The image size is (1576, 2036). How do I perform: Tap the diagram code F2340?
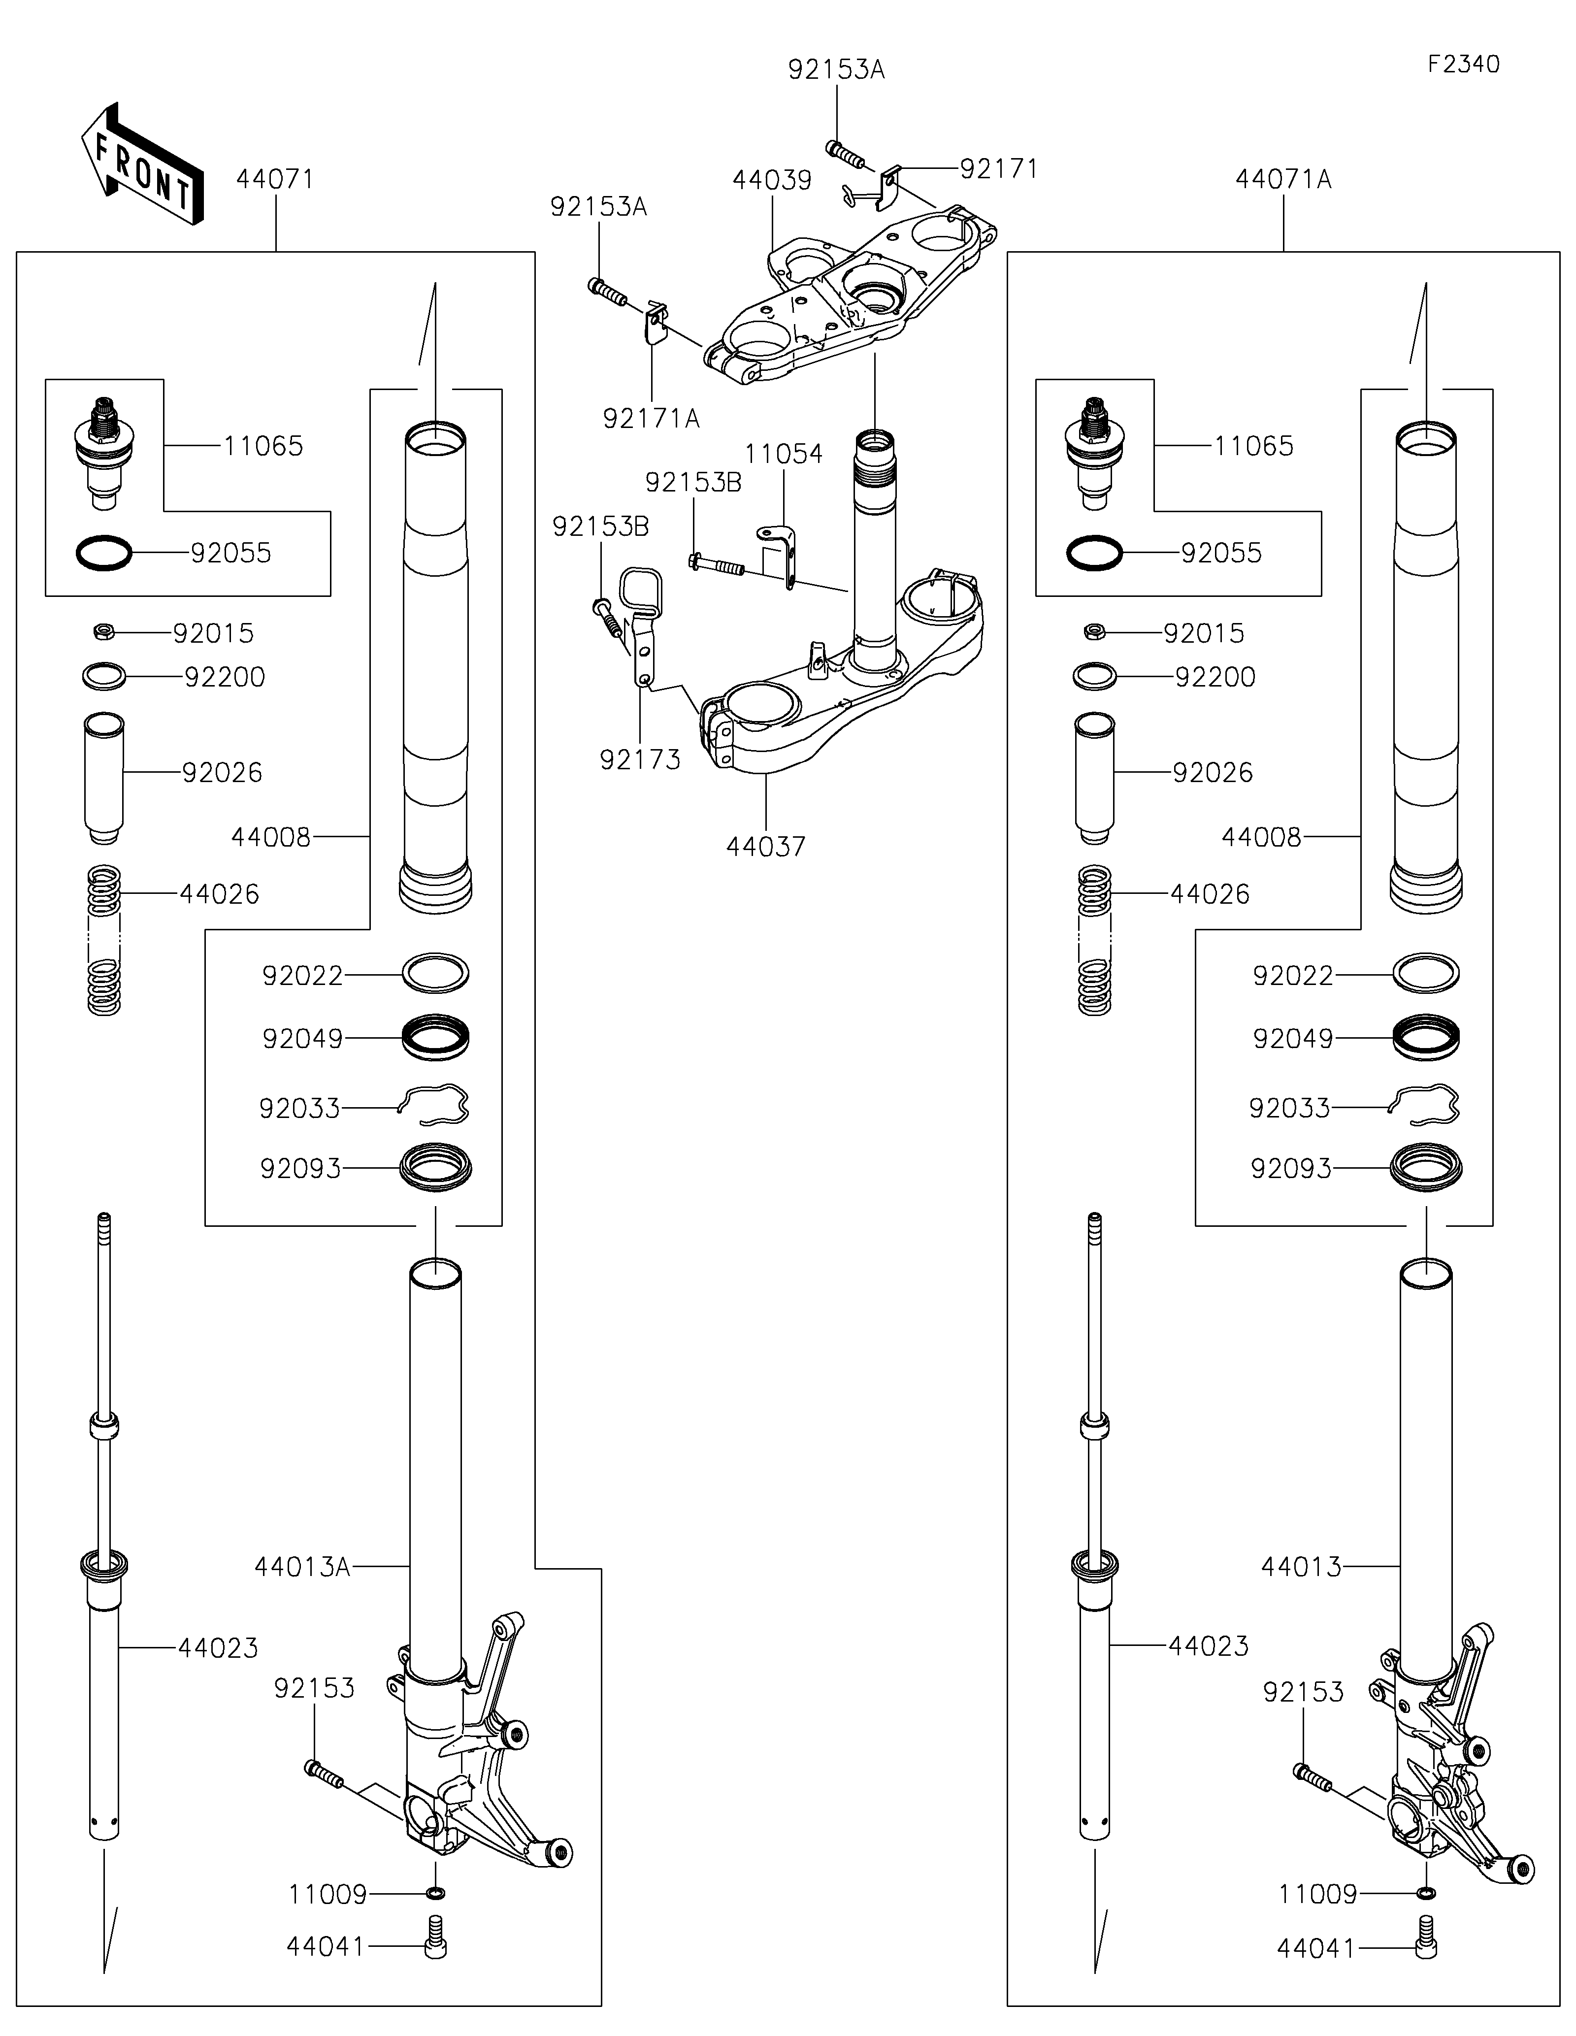(x=1463, y=65)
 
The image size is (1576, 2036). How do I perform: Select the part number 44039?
(x=772, y=180)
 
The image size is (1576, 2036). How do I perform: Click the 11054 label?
(x=783, y=454)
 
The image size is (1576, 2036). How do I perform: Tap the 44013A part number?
(x=302, y=1567)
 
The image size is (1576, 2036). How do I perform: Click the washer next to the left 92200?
(x=103, y=676)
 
